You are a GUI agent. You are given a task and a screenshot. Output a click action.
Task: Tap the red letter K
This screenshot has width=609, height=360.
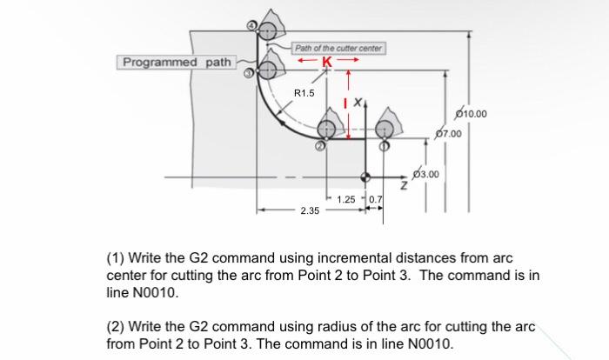pyautogui.click(x=327, y=61)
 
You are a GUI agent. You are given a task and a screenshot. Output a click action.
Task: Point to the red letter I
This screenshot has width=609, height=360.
pyautogui.click(x=345, y=103)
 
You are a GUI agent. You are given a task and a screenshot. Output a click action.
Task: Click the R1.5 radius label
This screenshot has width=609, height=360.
pyautogui.click(x=305, y=92)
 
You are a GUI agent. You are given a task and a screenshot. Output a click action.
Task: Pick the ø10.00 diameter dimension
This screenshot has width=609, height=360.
pyautogui.click(x=472, y=114)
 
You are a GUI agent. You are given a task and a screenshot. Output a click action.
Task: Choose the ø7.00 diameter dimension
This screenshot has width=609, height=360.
pyautogui.click(x=446, y=134)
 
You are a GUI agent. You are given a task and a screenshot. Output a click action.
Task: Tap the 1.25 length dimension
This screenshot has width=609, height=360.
pyautogui.click(x=345, y=200)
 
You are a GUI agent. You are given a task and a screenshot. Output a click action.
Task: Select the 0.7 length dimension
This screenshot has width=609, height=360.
pyautogui.click(x=376, y=200)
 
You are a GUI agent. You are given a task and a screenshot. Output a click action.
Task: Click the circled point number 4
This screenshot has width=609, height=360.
pyautogui.click(x=253, y=26)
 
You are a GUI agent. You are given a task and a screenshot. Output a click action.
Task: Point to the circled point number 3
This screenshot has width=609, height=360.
pyautogui.click(x=248, y=74)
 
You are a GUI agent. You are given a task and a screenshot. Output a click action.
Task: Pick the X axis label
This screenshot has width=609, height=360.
pyautogui.click(x=357, y=103)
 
